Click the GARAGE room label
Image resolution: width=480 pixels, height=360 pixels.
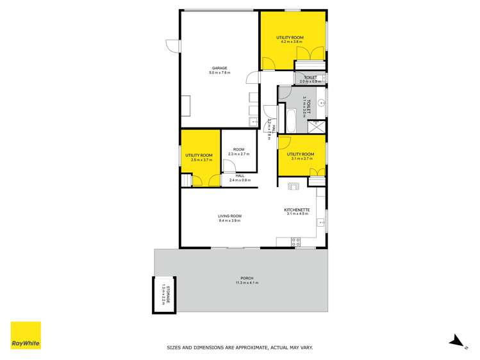(220, 69)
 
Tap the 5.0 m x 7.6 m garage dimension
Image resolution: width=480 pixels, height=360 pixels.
(220, 73)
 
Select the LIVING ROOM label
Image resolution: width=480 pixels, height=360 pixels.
(229, 217)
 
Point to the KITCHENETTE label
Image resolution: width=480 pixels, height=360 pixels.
(297, 209)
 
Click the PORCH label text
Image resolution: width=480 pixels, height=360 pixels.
(241, 279)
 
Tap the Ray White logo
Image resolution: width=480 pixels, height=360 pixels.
(26, 335)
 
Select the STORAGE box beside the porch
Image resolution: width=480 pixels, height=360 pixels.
(163, 295)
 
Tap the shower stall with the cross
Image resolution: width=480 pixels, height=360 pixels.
(317, 126)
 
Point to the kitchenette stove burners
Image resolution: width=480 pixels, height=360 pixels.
(296, 241)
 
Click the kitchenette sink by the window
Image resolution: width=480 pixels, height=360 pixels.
(320, 222)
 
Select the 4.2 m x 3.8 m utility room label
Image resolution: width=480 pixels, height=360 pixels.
(290, 40)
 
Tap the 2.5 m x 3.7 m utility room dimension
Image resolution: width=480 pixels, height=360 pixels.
(199, 160)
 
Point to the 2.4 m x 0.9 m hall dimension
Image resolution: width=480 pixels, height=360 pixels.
(240, 180)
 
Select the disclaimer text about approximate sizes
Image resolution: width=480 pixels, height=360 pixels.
(240, 348)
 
